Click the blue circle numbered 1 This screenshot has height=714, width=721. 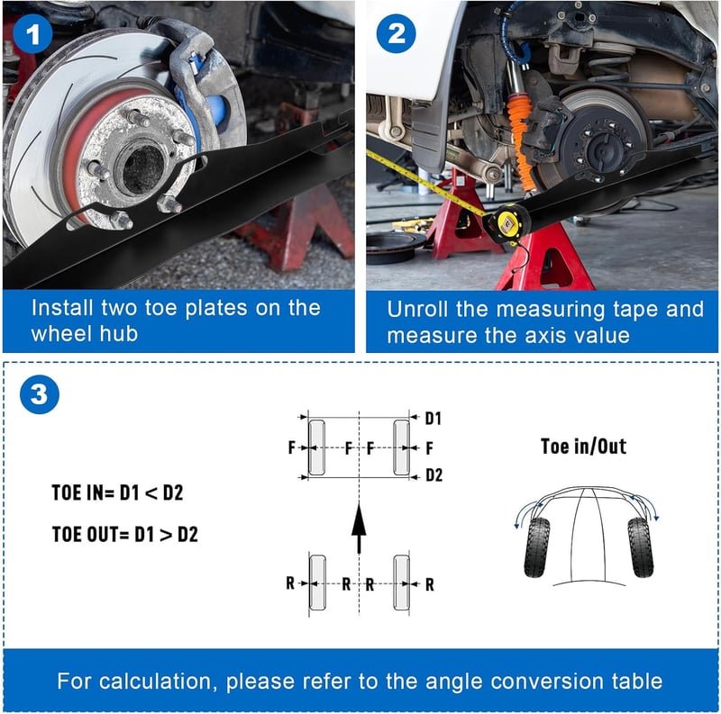point(32,34)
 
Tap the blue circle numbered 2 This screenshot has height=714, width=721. point(396,33)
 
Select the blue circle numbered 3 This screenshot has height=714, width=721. point(40,394)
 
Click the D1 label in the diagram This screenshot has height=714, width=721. point(433,418)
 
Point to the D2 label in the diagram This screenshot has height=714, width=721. point(434,475)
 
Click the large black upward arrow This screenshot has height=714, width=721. point(359,528)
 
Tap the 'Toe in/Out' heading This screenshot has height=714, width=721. point(583,447)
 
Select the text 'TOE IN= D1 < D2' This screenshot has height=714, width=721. point(117,493)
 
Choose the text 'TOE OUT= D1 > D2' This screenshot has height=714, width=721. point(124,534)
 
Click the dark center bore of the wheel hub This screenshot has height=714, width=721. point(141,169)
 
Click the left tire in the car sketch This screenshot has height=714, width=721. point(536,547)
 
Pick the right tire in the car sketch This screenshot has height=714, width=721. point(641,547)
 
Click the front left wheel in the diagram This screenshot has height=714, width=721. point(317,447)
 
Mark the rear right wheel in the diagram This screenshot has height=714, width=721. point(401,583)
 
